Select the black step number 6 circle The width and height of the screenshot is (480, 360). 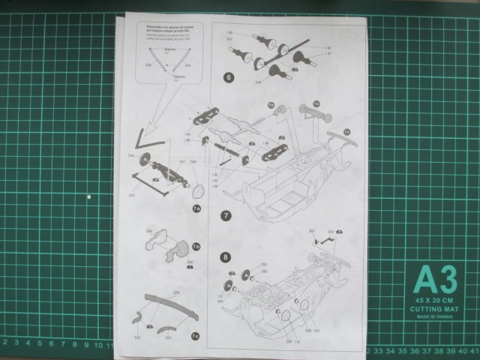coord(227,76)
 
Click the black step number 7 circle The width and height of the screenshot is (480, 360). coord(226,215)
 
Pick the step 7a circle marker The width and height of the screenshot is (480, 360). coord(196,208)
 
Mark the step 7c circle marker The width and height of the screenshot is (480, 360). coord(195,335)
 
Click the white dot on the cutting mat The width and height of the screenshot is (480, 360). coord(89,197)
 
